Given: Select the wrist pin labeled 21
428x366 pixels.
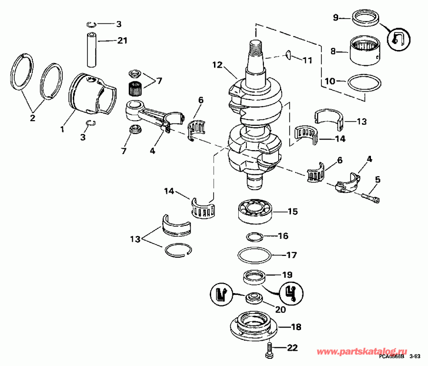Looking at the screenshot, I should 92,50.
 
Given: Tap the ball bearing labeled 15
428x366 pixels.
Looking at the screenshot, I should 254,211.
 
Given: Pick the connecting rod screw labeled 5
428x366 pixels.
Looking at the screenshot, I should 371,197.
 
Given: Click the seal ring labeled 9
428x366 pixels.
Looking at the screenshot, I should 366,20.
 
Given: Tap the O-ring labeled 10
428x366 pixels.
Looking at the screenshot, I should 365,84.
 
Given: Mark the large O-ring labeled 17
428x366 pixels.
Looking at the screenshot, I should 254,254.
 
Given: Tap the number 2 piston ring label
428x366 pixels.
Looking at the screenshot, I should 33,117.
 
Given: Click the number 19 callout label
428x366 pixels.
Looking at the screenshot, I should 287,274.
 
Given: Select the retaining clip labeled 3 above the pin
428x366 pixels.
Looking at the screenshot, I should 93,24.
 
